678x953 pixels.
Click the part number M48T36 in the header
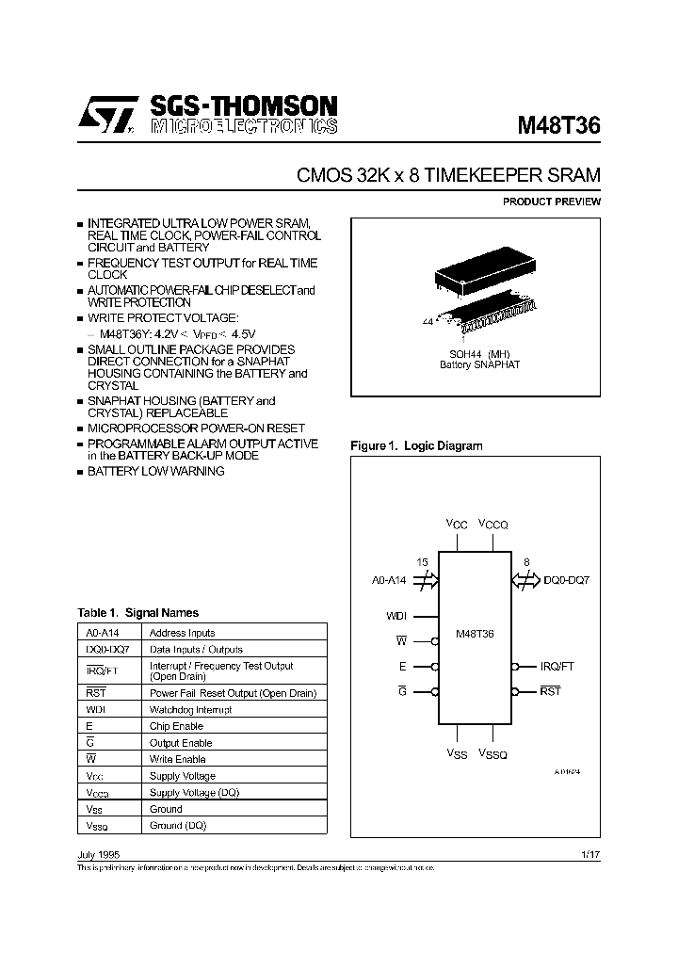coord(559,126)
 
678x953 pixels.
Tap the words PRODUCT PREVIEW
coord(551,202)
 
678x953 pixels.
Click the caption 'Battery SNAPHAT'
coord(479,364)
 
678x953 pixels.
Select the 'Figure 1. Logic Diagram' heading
coord(416,446)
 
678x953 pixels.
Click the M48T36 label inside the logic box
coord(475,634)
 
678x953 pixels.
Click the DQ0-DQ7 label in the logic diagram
coord(566,581)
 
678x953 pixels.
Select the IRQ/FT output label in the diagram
coord(557,666)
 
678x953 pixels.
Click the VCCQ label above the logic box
coord(492,525)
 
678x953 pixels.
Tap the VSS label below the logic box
coord(458,754)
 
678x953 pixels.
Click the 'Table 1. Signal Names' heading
coord(137,613)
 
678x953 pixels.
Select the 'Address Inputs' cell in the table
coord(183,633)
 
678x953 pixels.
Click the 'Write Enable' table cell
coord(177,759)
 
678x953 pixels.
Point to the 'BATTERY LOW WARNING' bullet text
coord(156,471)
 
